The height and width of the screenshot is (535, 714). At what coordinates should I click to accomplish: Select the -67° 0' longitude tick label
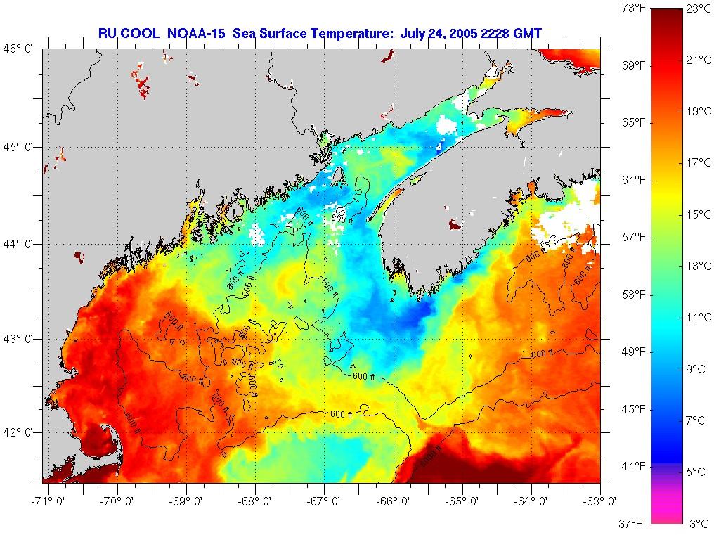(324, 501)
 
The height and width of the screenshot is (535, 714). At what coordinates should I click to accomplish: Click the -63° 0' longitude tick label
(601, 501)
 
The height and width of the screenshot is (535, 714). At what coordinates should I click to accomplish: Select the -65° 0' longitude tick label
(462, 501)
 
